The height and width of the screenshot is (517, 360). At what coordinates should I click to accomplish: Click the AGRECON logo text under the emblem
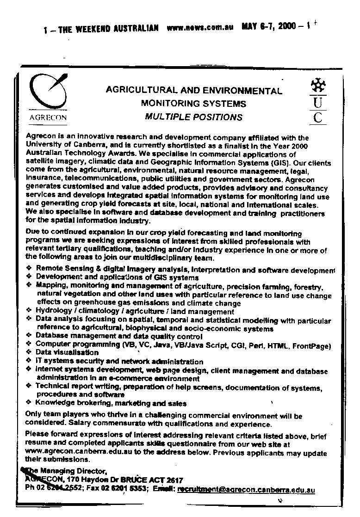tap(48, 117)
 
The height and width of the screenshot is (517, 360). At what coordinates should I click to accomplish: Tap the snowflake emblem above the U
tap(317, 86)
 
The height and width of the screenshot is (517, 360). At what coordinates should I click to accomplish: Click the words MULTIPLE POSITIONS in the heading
tap(193, 117)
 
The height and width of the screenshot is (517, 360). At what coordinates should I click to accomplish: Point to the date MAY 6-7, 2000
tap(269, 26)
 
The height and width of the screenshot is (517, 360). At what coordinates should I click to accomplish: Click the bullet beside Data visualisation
tap(29, 352)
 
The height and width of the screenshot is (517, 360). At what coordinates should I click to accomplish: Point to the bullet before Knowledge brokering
tap(29, 403)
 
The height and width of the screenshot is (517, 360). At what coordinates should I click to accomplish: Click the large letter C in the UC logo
tap(317, 117)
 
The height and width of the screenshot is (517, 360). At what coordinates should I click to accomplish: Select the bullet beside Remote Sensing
tap(29, 268)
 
